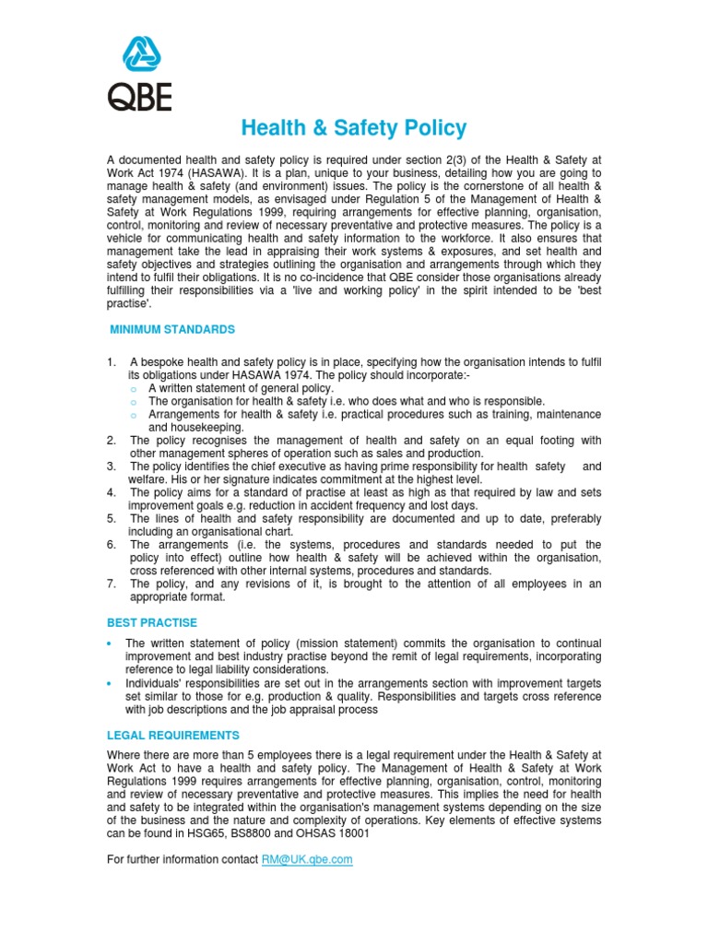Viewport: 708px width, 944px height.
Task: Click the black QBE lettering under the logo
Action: click(139, 96)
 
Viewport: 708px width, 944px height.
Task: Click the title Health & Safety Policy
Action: click(354, 128)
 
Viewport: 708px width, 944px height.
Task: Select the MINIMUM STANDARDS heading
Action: click(172, 329)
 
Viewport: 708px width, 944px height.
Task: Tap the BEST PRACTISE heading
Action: click(152, 623)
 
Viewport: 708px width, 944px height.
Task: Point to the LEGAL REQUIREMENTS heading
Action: click(173, 735)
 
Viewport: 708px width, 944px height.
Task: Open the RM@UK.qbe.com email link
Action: click(306, 859)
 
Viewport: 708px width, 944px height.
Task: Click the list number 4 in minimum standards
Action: click(112, 492)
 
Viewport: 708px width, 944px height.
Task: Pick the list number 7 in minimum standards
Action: click(112, 584)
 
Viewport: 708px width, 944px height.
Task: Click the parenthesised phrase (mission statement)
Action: click(343, 643)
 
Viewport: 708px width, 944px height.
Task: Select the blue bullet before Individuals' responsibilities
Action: click(111, 683)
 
